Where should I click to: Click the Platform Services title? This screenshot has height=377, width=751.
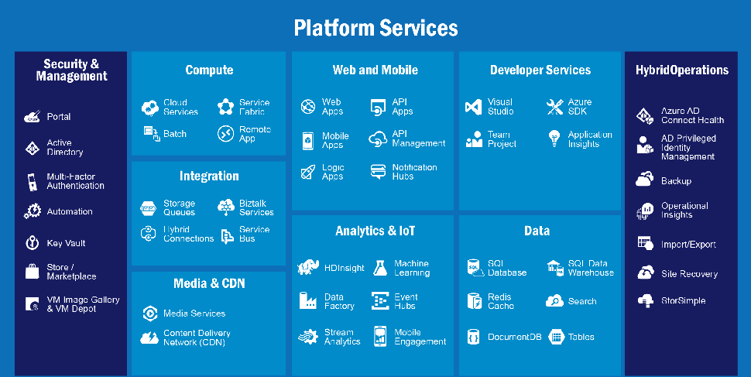click(375, 28)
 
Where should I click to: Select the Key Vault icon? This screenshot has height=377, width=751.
click(32, 243)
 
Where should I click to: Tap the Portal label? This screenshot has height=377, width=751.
click(58, 116)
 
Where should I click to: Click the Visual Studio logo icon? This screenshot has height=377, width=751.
click(473, 107)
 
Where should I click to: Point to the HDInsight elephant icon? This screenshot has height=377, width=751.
click(308, 267)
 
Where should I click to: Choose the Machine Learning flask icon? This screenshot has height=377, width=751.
click(380, 268)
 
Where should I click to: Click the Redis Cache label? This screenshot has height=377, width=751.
click(500, 301)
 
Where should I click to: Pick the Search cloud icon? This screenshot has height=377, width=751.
click(554, 301)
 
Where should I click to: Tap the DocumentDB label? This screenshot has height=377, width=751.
click(514, 337)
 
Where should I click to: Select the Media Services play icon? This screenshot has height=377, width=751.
click(150, 314)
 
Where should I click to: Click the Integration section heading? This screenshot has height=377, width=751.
click(209, 176)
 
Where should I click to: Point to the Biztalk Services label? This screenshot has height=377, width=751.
click(256, 207)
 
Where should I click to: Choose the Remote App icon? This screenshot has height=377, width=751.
click(225, 134)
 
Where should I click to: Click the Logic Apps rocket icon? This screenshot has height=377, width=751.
click(308, 172)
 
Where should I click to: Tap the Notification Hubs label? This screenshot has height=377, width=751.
click(414, 172)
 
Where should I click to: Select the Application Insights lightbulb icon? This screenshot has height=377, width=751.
click(554, 138)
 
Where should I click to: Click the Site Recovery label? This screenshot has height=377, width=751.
click(689, 274)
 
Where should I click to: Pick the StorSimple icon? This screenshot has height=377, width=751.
click(645, 300)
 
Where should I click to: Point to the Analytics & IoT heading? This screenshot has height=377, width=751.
click(375, 231)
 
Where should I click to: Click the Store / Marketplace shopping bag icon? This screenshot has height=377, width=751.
click(32, 271)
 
